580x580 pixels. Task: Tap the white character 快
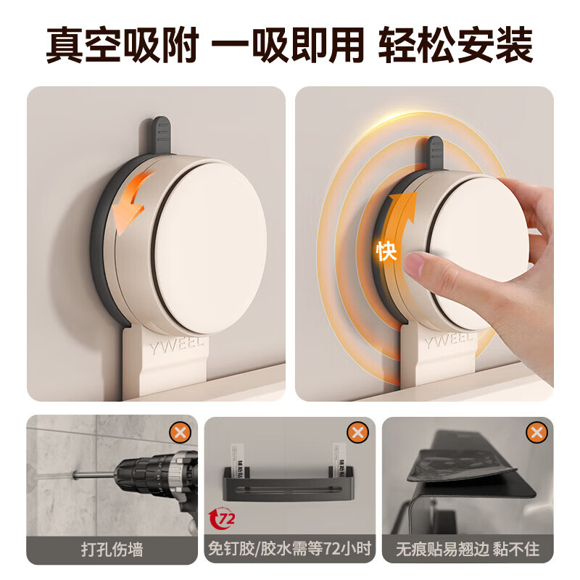coord(386,252)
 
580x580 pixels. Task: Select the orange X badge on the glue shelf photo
coord(357,433)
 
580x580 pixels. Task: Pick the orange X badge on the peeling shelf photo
coord(536,433)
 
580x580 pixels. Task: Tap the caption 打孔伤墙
coord(112,548)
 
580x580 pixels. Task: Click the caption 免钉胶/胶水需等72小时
coord(290,548)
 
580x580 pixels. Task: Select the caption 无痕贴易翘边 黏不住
coord(468,548)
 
